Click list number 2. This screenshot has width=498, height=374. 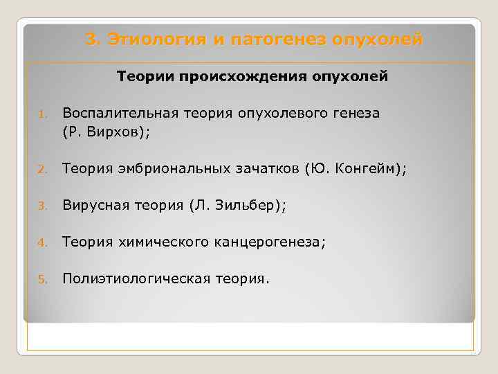tap(41, 167)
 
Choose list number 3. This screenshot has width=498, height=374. tap(41, 206)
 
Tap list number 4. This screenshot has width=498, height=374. tap(41, 243)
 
